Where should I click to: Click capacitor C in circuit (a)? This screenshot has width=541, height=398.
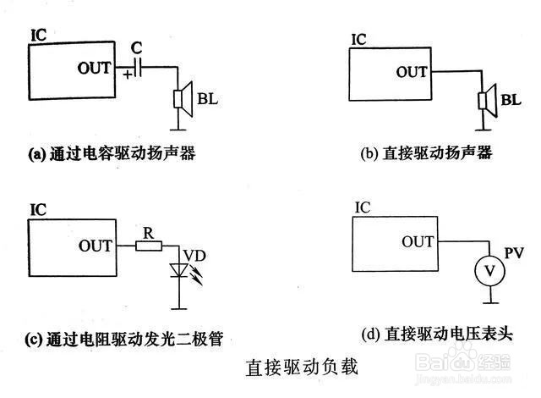138,67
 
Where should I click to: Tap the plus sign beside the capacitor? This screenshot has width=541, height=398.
128,75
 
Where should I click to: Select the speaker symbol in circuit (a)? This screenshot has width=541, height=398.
183,99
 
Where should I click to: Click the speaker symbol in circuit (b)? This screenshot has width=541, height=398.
487,101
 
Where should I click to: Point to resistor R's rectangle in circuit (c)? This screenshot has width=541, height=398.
149,246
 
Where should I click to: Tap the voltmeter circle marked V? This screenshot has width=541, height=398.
490,271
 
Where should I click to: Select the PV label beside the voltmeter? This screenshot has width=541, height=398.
514,253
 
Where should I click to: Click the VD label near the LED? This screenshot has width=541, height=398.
194,256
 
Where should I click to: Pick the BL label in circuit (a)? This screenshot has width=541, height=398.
208,99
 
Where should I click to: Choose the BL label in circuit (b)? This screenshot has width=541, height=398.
511,100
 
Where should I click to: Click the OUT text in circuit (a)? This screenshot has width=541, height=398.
94,68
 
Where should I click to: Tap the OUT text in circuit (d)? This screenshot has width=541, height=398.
418,241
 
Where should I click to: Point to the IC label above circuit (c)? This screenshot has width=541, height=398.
38,210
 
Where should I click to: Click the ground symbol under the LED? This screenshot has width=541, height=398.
179,308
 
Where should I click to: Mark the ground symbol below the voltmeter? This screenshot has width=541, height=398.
490,303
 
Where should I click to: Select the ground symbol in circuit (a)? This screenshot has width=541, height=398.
178,130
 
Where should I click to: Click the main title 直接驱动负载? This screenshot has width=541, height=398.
302,367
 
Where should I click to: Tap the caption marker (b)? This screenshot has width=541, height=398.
369,153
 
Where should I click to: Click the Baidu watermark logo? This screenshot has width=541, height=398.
463,362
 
